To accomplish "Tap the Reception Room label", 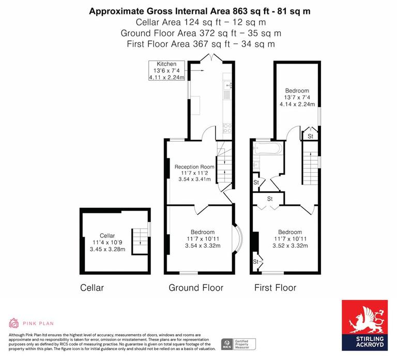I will pos(194,167).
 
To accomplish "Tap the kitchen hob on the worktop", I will pos(227,127).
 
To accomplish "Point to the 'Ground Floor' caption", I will pos(196,288).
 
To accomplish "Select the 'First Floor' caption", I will pos(275,288).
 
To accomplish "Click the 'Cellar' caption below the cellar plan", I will pos(92,288).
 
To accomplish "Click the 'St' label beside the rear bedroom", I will pos(310,136).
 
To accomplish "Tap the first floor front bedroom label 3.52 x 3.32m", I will pos(290,246).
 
